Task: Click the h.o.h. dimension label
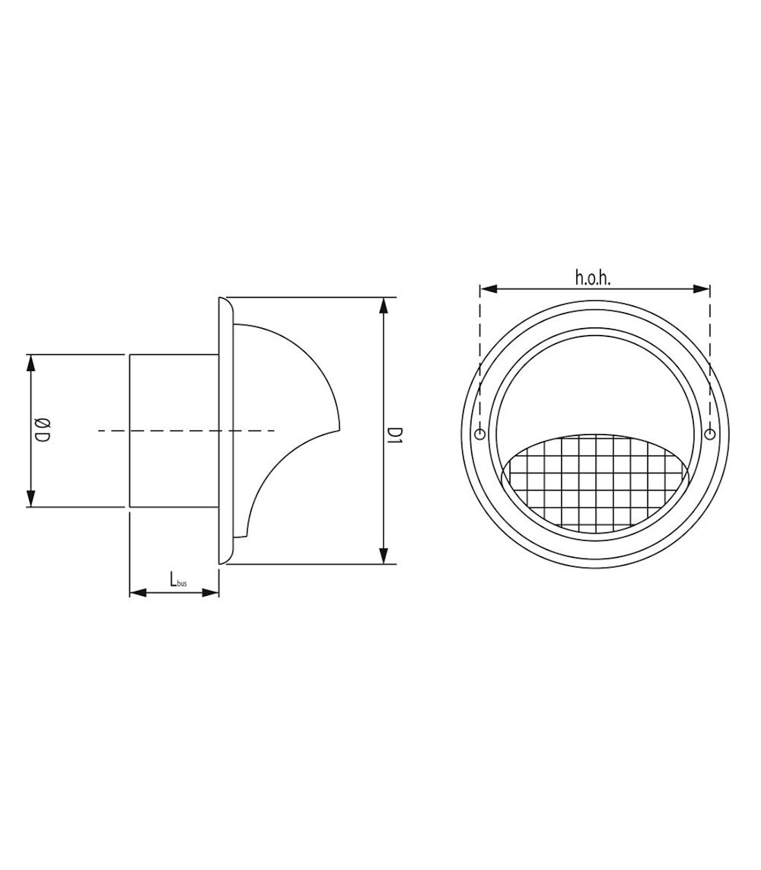pyautogui.click(x=593, y=278)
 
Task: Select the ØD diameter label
pyautogui.click(x=42, y=431)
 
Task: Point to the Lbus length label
pyautogui.click(x=178, y=579)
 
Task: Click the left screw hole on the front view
pyautogui.click(x=480, y=435)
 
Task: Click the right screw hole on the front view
pyautogui.click(x=710, y=435)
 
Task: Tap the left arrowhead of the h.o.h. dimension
pyautogui.click(x=488, y=289)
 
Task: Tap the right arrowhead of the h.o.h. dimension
pyautogui.click(x=701, y=289)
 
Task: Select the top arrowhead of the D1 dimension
pyautogui.click(x=383, y=306)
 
